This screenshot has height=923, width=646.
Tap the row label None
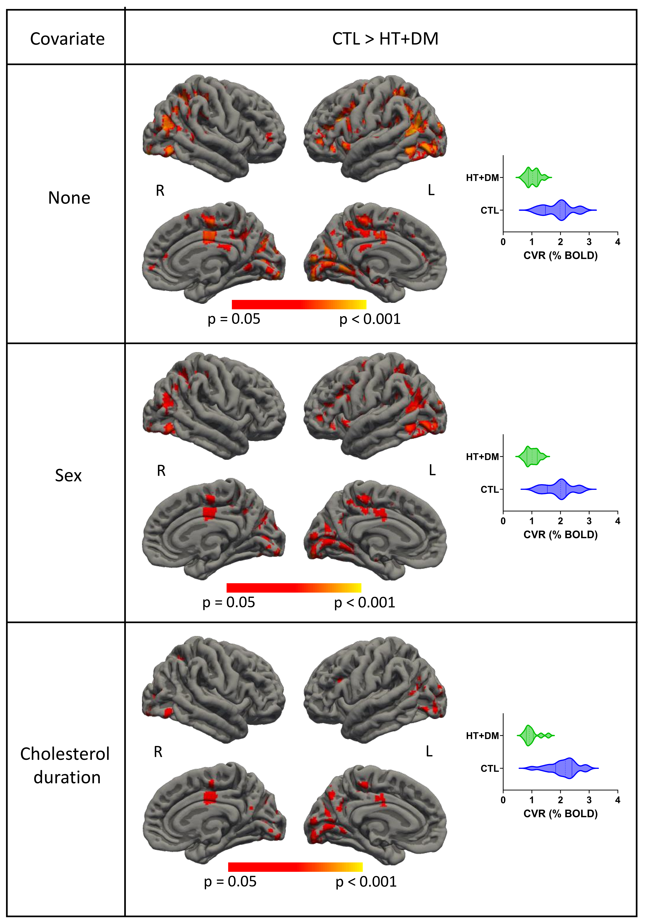pos(69,198)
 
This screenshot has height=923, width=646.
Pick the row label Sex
pos(68,476)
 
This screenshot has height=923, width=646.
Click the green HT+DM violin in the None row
pos(533,177)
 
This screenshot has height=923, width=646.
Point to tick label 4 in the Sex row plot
pos(617,521)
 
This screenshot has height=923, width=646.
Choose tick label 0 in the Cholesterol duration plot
pos(503,800)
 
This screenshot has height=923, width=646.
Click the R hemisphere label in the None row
pos(160,191)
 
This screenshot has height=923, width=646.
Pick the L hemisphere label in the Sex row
pos(432,470)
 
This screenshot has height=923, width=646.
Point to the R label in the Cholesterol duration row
pos(158,752)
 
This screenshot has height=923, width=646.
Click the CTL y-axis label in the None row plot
pos(489,210)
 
